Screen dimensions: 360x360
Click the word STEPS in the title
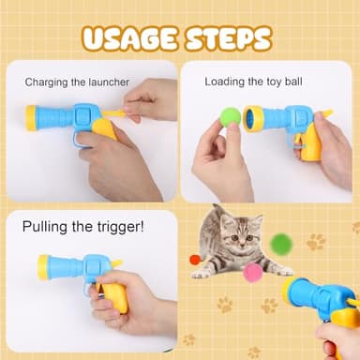click(x=227, y=38)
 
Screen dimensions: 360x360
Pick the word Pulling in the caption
click(x=51, y=226)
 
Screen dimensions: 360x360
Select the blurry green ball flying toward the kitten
click(x=280, y=243)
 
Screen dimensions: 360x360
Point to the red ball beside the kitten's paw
click(x=195, y=260)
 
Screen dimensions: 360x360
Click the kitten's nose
click(x=240, y=241)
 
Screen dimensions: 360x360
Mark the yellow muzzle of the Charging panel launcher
click(x=30, y=117)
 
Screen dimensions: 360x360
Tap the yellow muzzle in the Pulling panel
click(x=43, y=266)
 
